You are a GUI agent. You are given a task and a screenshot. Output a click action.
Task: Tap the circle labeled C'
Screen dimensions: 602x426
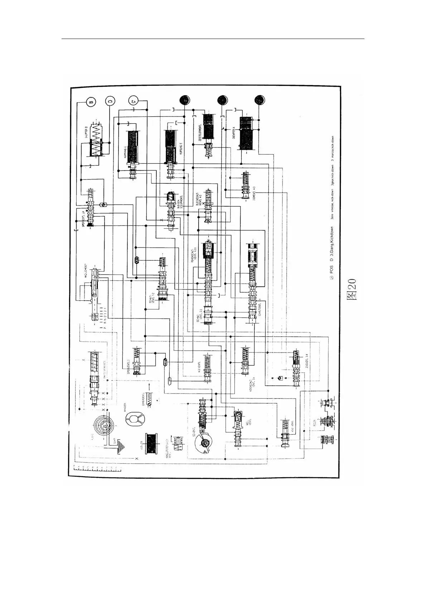point(133,102)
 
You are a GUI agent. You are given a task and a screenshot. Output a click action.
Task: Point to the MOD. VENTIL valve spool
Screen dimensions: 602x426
point(238,428)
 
